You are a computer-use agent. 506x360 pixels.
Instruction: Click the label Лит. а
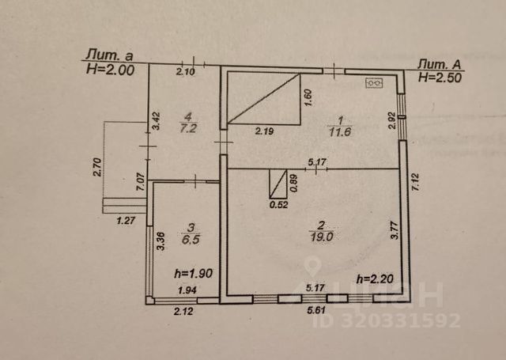[x=108, y=56]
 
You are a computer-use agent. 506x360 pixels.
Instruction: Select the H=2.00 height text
[x=110, y=70]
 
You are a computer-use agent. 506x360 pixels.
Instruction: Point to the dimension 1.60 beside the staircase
[x=308, y=97]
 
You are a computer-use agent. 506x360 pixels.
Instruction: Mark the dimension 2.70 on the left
[x=96, y=166]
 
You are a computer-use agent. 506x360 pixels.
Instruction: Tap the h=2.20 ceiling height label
[x=374, y=278]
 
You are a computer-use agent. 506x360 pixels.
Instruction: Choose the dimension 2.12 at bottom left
[x=183, y=312]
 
